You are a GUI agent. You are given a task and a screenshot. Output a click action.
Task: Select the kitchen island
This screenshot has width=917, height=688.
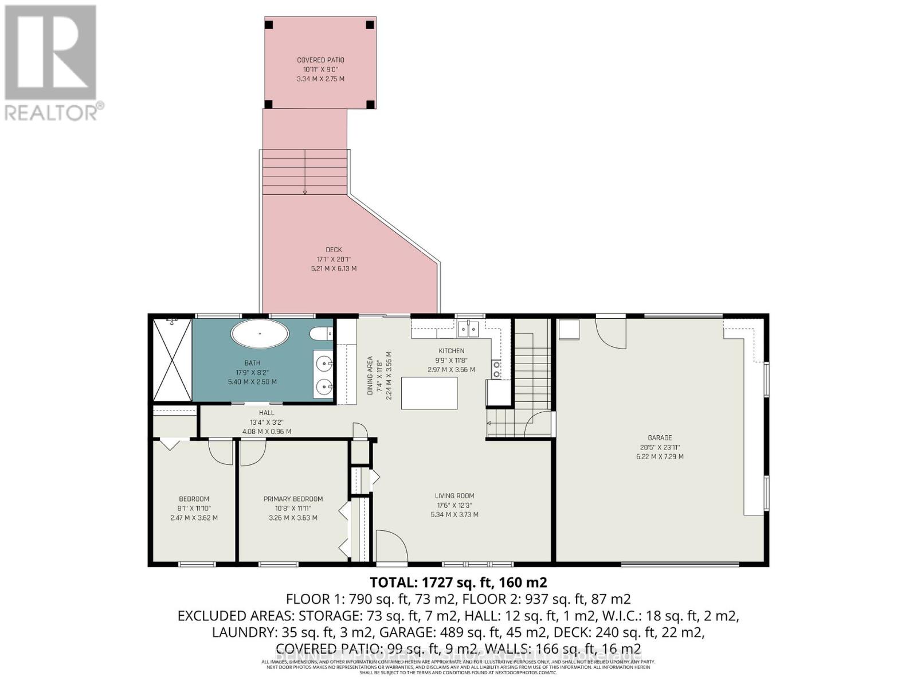[x=429, y=393]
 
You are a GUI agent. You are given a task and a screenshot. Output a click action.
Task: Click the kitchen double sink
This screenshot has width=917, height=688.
[x=468, y=329]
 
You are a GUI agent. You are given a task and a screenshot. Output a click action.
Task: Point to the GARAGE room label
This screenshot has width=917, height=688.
[x=660, y=437]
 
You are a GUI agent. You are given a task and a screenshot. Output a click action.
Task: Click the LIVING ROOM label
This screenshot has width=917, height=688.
[x=454, y=496]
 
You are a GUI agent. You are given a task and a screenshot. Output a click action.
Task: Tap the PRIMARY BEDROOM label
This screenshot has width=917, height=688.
[x=293, y=499]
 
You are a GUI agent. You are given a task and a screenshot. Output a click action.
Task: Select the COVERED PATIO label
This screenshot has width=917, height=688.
[x=320, y=60]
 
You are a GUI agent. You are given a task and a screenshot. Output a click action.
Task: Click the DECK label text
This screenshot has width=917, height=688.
[x=334, y=249]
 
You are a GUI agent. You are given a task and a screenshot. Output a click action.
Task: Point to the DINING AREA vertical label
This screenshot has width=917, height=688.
[x=370, y=376]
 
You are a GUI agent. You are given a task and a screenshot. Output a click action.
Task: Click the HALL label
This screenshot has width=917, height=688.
[x=267, y=413]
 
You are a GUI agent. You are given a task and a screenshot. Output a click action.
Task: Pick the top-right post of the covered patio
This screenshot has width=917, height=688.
[x=370, y=25]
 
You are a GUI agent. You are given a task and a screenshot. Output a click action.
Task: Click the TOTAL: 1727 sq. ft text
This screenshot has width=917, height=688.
[x=458, y=583]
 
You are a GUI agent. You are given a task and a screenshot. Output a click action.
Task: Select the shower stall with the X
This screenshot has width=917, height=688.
[x=172, y=360]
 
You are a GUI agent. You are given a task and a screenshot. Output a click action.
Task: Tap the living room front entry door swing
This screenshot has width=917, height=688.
[x=391, y=545]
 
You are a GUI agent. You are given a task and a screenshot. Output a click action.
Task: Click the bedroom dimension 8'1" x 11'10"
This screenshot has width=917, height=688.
[x=194, y=508]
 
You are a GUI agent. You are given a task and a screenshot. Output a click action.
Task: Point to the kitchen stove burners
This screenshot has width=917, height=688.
[x=496, y=369]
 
